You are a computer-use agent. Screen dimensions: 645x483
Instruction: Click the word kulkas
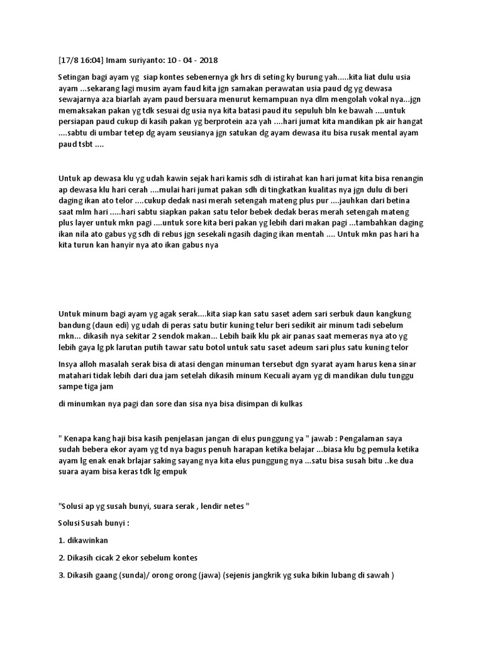(289, 404)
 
